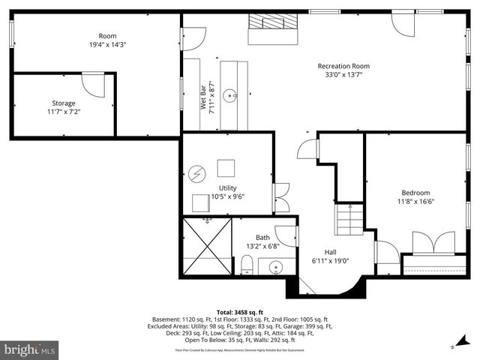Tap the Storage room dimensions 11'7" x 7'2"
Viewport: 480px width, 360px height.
point(64,112)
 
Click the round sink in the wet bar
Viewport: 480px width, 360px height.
point(233,95)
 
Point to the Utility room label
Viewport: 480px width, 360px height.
point(228,187)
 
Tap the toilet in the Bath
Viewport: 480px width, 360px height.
point(246,264)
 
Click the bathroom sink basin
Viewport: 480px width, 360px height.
point(276,267)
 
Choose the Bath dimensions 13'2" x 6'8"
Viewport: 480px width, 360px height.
point(262,246)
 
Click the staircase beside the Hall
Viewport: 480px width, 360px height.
point(349,220)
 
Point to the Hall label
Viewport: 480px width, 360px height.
point(330,252)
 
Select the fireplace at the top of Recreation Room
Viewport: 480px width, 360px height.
point(273,21)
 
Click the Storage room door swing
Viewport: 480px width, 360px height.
point(94,83)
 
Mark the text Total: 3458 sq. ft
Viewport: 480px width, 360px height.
point(240,311)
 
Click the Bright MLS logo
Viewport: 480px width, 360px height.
point(30,349)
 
